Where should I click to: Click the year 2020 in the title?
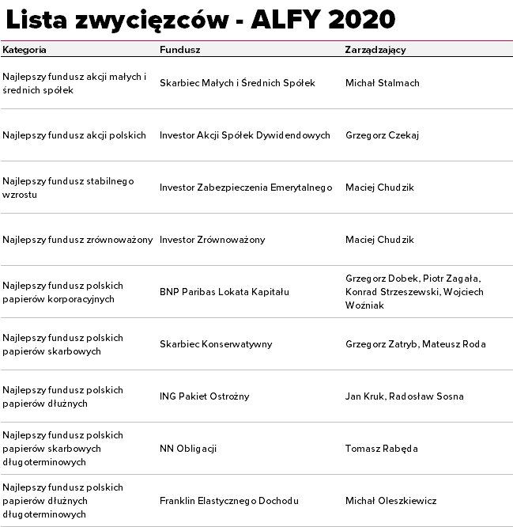(359, 19)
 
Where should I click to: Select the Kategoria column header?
(25, 49)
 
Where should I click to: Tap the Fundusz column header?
(179, 49)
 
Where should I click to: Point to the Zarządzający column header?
(375, 49)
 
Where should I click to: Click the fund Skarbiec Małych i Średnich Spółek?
(237, 83)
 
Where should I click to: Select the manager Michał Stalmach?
(382, 83)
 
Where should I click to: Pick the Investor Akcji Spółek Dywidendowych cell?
(244, 135)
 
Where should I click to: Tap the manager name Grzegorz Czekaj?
(382, 135)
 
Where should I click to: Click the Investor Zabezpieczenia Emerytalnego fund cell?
(246, 188)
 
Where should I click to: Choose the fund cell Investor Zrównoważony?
(212, 240)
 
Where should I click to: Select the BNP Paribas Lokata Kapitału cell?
(224, 292)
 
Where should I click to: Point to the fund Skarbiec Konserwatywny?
(216, 344)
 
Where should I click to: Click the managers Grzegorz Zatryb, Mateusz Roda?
(415, 344)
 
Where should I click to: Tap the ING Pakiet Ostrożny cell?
(204, 396)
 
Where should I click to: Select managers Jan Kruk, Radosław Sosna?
(404, 396)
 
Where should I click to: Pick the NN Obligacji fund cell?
(188, 449)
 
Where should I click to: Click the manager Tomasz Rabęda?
(381, 449)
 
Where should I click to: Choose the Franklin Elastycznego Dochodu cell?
(228, 501)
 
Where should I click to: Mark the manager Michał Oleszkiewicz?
(390, 501)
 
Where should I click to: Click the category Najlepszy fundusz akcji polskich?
(74, 135)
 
